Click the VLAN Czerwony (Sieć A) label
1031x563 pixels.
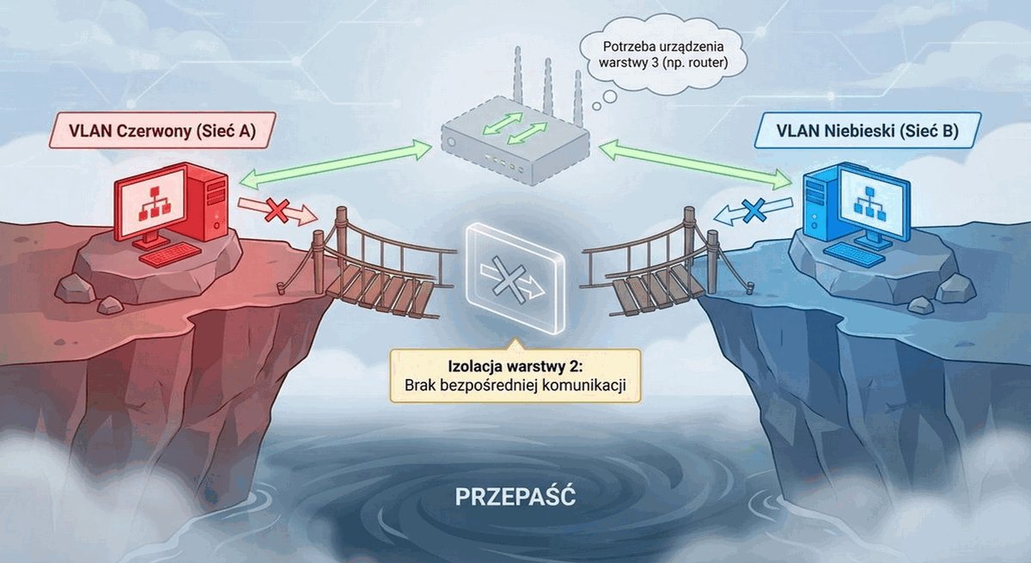(162, 131)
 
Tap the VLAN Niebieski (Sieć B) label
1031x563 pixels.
(867, 131)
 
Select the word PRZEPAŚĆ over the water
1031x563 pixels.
(515, 497)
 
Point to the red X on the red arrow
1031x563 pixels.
(278, 211)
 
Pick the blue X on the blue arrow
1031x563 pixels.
(754, 211)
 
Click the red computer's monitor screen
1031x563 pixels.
(152, 202)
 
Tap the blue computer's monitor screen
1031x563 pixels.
(871, 202)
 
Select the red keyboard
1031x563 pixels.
(170, 254)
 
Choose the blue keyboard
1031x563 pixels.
(853, 254)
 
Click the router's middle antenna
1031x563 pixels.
(547, 87)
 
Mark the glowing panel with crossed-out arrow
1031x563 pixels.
(515, 278)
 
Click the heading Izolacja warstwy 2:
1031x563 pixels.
(515, 367)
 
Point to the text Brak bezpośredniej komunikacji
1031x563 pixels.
(515, 385)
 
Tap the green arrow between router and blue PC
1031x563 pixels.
(695, 164)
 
